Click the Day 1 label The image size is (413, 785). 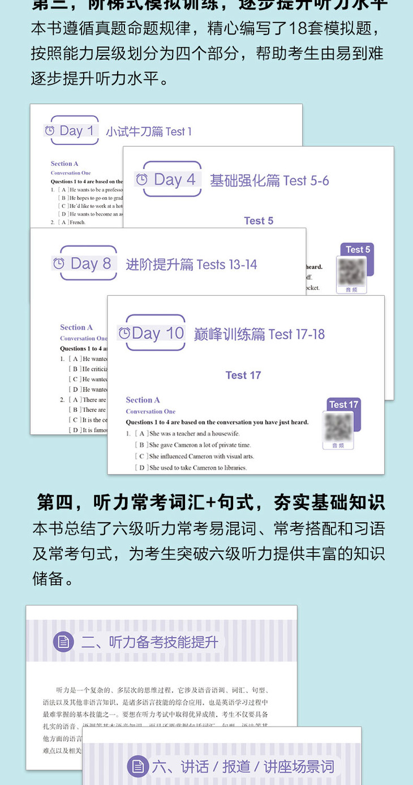[x=77, y=131]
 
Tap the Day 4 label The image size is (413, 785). [x=175, y=180]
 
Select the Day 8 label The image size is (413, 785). [x=91, y=263]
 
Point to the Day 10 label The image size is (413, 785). [x=158, y=333]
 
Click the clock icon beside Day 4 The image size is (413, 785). [x=141, y=180]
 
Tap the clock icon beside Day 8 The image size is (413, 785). [x=58, y=263]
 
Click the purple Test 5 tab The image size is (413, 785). [x=358, y=250]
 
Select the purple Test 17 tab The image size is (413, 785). [x=343, y=404]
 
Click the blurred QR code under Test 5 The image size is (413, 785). [x=351, y=272]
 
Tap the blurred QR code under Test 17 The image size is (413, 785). [x=338, y=426]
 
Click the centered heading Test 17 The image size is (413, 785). [x=243, y=375]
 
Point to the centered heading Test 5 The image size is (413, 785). [x=259, y=221]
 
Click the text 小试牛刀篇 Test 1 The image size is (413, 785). [x=149, y=131]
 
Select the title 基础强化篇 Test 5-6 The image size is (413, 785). [x=269, y=181]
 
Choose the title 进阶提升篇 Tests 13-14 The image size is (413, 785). [x=191, y=264]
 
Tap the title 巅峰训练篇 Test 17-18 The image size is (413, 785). [x=259, y=334]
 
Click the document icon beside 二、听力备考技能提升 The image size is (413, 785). [x=63, y=642]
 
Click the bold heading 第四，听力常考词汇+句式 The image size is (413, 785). [x=210, y=501]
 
